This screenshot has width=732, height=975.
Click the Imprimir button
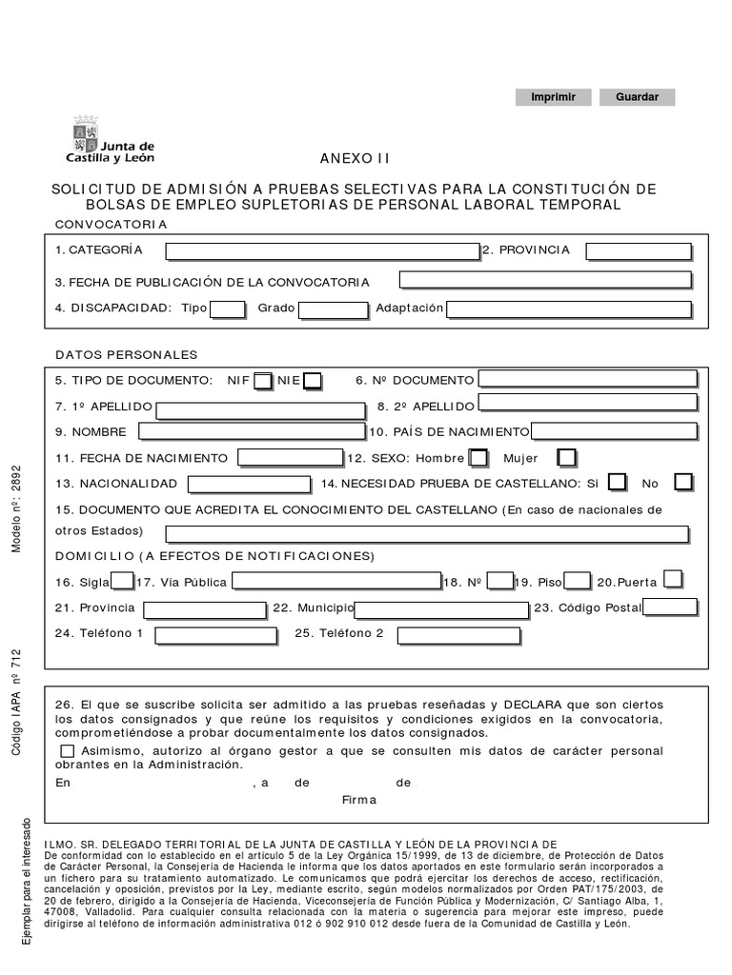(553, 97)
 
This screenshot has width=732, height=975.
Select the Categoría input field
(321, 250)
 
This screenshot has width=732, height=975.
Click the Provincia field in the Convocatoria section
(638, 250)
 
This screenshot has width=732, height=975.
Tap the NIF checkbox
(263, 381)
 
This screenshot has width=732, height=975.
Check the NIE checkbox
(312, 381)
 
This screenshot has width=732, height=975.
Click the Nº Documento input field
(587, 379)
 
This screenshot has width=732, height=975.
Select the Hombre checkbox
(478, 458)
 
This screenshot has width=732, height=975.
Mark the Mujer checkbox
(566, 458)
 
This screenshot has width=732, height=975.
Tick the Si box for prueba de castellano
(618, 483)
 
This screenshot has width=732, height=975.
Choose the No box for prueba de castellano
(682, 483)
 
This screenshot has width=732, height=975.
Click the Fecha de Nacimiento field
(290, 458)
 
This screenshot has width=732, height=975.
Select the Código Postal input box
(670, 607)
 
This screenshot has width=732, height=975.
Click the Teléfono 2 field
(458, 635)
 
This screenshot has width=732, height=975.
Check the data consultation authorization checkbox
(65, 751)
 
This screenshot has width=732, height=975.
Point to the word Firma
(359, 800)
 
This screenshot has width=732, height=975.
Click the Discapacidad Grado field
(333, 309)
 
